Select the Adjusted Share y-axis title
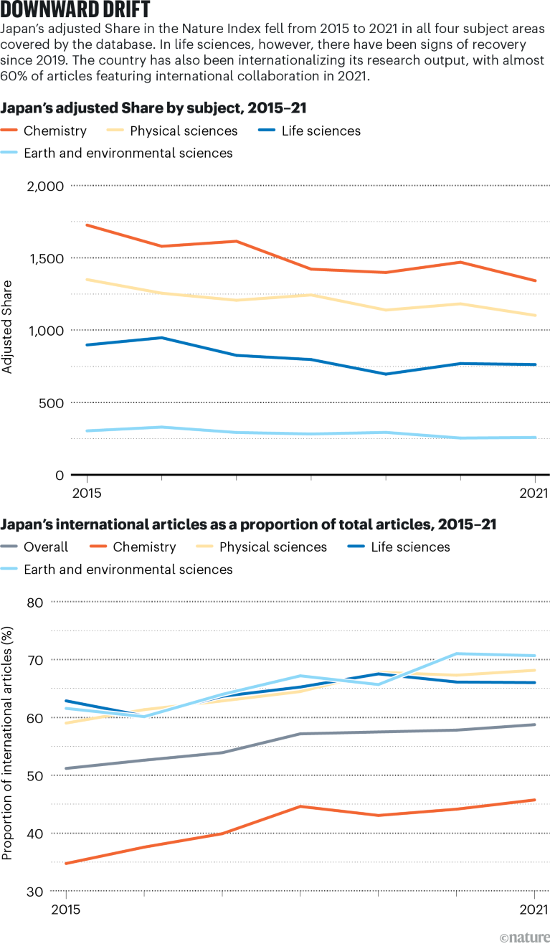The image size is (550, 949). coord(8,327)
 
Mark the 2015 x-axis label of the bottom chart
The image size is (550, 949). coord(67,909)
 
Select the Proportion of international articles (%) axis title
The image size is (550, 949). coord(8,742)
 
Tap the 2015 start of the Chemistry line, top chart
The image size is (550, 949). coord(87,225)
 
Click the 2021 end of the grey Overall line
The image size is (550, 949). coord(535,724)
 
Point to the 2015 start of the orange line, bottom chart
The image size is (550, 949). coord(67,863)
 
